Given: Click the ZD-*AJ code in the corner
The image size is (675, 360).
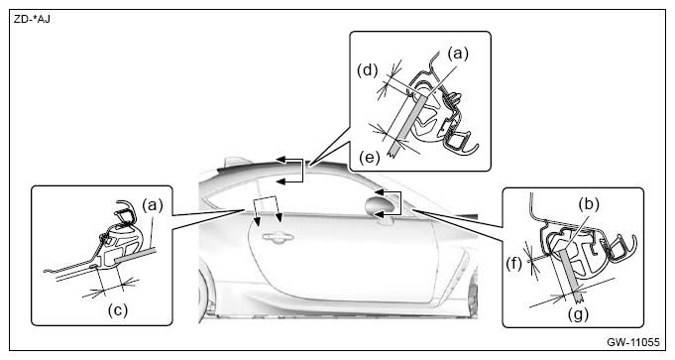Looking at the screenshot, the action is [x=32, y=20].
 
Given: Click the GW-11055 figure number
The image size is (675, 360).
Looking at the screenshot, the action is [x=632, y=342].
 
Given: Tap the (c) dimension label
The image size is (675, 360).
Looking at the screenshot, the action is [x=118, y=310].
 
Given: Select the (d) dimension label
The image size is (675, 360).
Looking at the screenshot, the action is [x=367, y=70].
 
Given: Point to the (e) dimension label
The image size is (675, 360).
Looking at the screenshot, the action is [x=370, y=157].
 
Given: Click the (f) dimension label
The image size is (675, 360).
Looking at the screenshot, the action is [x=513, y=264].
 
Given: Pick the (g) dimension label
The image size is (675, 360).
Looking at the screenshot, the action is [x=577, y=314].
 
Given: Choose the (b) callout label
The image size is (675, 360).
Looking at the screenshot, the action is [x=588, y=204].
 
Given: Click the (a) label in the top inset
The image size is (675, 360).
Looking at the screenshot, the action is [x=458, y=54].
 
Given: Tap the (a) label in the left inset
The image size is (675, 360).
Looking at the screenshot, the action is [x=153, y=205].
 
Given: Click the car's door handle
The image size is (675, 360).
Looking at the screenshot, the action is [x=279, y=236].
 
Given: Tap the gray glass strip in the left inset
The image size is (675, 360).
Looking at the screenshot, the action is [x=135, y=254].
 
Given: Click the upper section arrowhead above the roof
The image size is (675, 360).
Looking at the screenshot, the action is [x=281, y=161].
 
